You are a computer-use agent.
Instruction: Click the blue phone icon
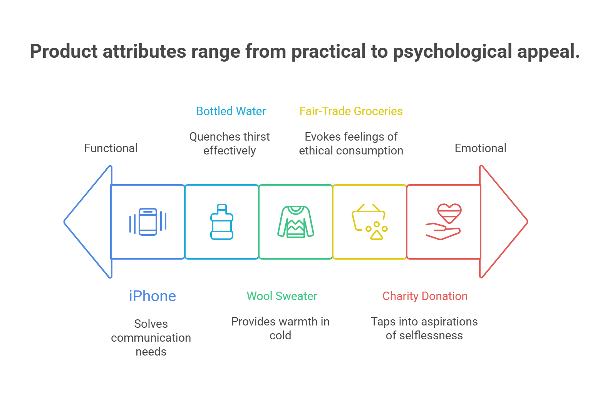point(148,222)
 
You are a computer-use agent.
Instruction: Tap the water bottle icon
point(222,222)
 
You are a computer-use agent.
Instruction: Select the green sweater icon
point(296,222)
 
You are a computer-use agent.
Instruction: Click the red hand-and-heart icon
point(444,222)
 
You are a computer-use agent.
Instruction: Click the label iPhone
point(152,296)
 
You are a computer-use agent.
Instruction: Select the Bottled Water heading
point(231,111)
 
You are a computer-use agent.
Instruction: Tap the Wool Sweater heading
point(282,296)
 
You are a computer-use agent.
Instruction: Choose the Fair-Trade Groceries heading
point(351,111)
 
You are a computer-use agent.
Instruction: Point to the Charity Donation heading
point(425,296)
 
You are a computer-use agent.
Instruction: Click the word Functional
point(111,148)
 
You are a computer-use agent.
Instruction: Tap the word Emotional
point(481,148)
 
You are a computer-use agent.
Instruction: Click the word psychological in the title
point(452,52)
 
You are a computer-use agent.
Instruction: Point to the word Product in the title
point(64,51)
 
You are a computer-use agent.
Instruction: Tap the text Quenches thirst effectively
point(230,144)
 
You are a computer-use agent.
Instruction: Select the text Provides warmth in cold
point(280,328)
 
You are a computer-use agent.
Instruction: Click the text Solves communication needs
point(151,338)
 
